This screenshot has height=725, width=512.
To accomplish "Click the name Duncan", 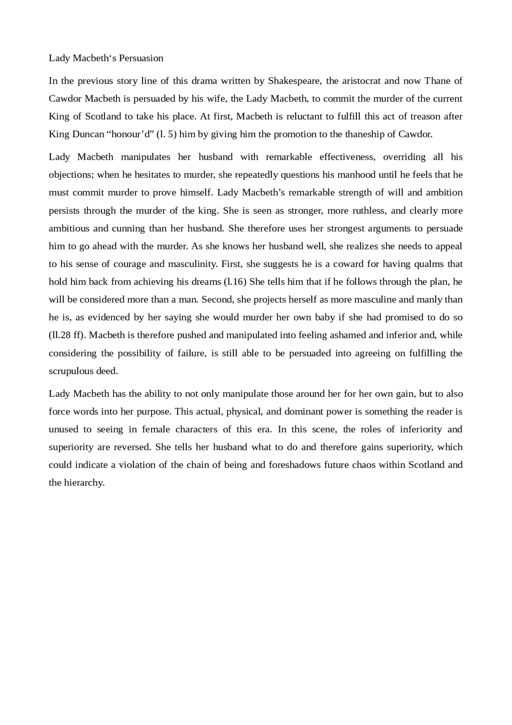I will [88, 134].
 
